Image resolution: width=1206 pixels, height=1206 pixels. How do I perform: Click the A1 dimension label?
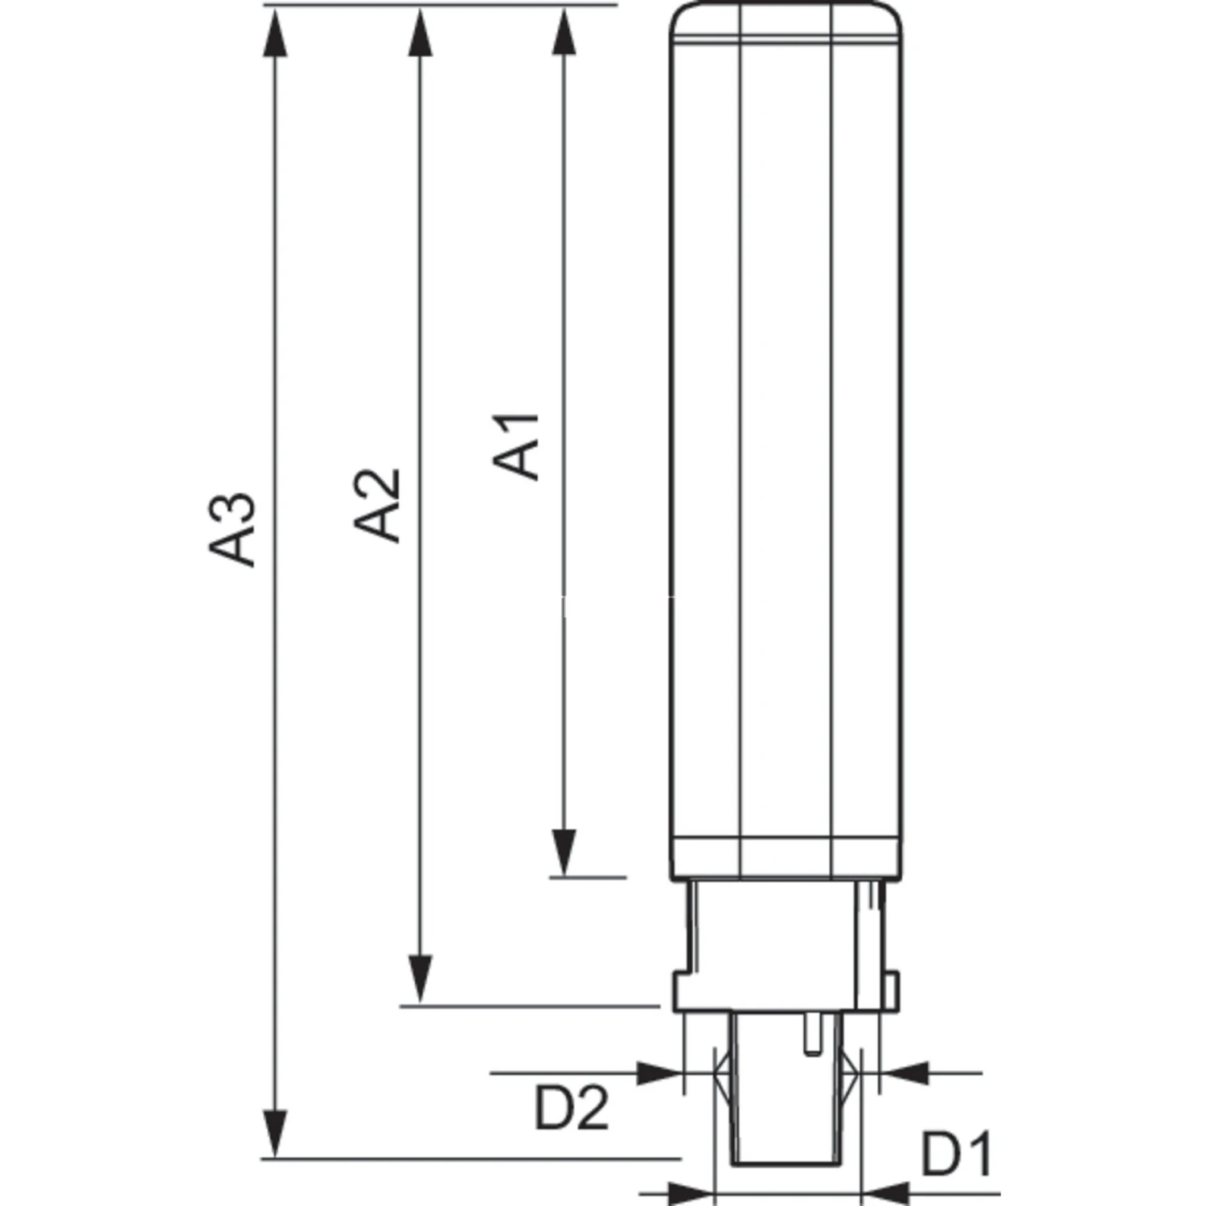click(x=516, y=447)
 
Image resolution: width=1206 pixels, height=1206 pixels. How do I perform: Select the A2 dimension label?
click(x=377, y=505)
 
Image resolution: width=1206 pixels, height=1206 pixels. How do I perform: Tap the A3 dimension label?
click(x=232, y=531)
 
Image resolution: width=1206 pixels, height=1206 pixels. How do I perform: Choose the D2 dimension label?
click(x=572, y=1108)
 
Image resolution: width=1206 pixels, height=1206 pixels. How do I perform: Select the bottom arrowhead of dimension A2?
click(x=420, y=980)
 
